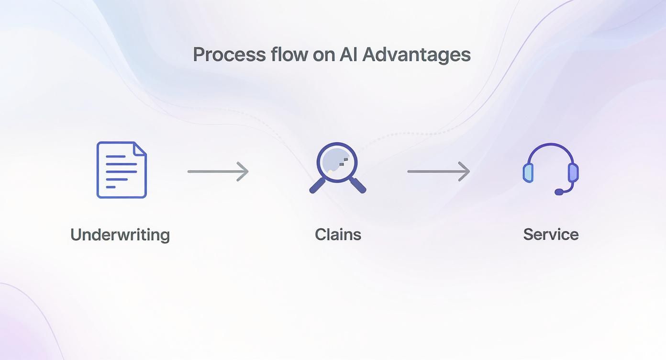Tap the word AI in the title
[x=348, y=55]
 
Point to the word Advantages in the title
[x=416, y=55]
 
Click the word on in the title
[x=323, y=55]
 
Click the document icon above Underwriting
[x=122, y=169]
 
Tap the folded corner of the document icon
[x=140, y=148]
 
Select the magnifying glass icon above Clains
[x=337, y=168]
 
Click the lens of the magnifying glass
[x=337, y=161]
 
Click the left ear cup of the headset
[x=528, y=172]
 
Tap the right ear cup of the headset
[x=573, y=172]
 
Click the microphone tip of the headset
[x=559, y=192]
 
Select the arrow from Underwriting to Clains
[x=218, y=171]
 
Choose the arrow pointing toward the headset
[x=438, y=171]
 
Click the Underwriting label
[x=120, y=235]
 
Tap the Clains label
[x=338, y=235]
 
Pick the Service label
[x=551, y=235]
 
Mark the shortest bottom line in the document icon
[x=111, y=187]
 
